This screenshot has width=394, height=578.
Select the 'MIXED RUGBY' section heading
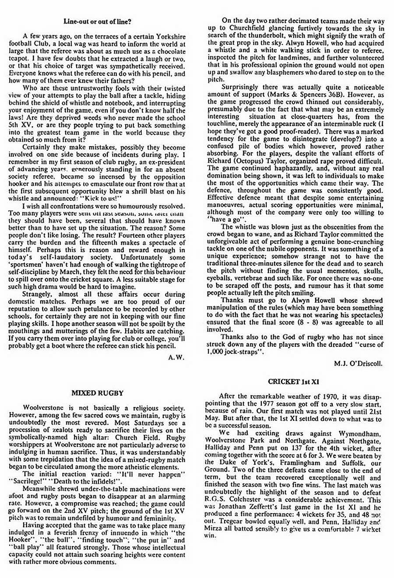(x=98, y=393)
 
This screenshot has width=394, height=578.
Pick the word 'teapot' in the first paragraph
(x=20, y=52)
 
